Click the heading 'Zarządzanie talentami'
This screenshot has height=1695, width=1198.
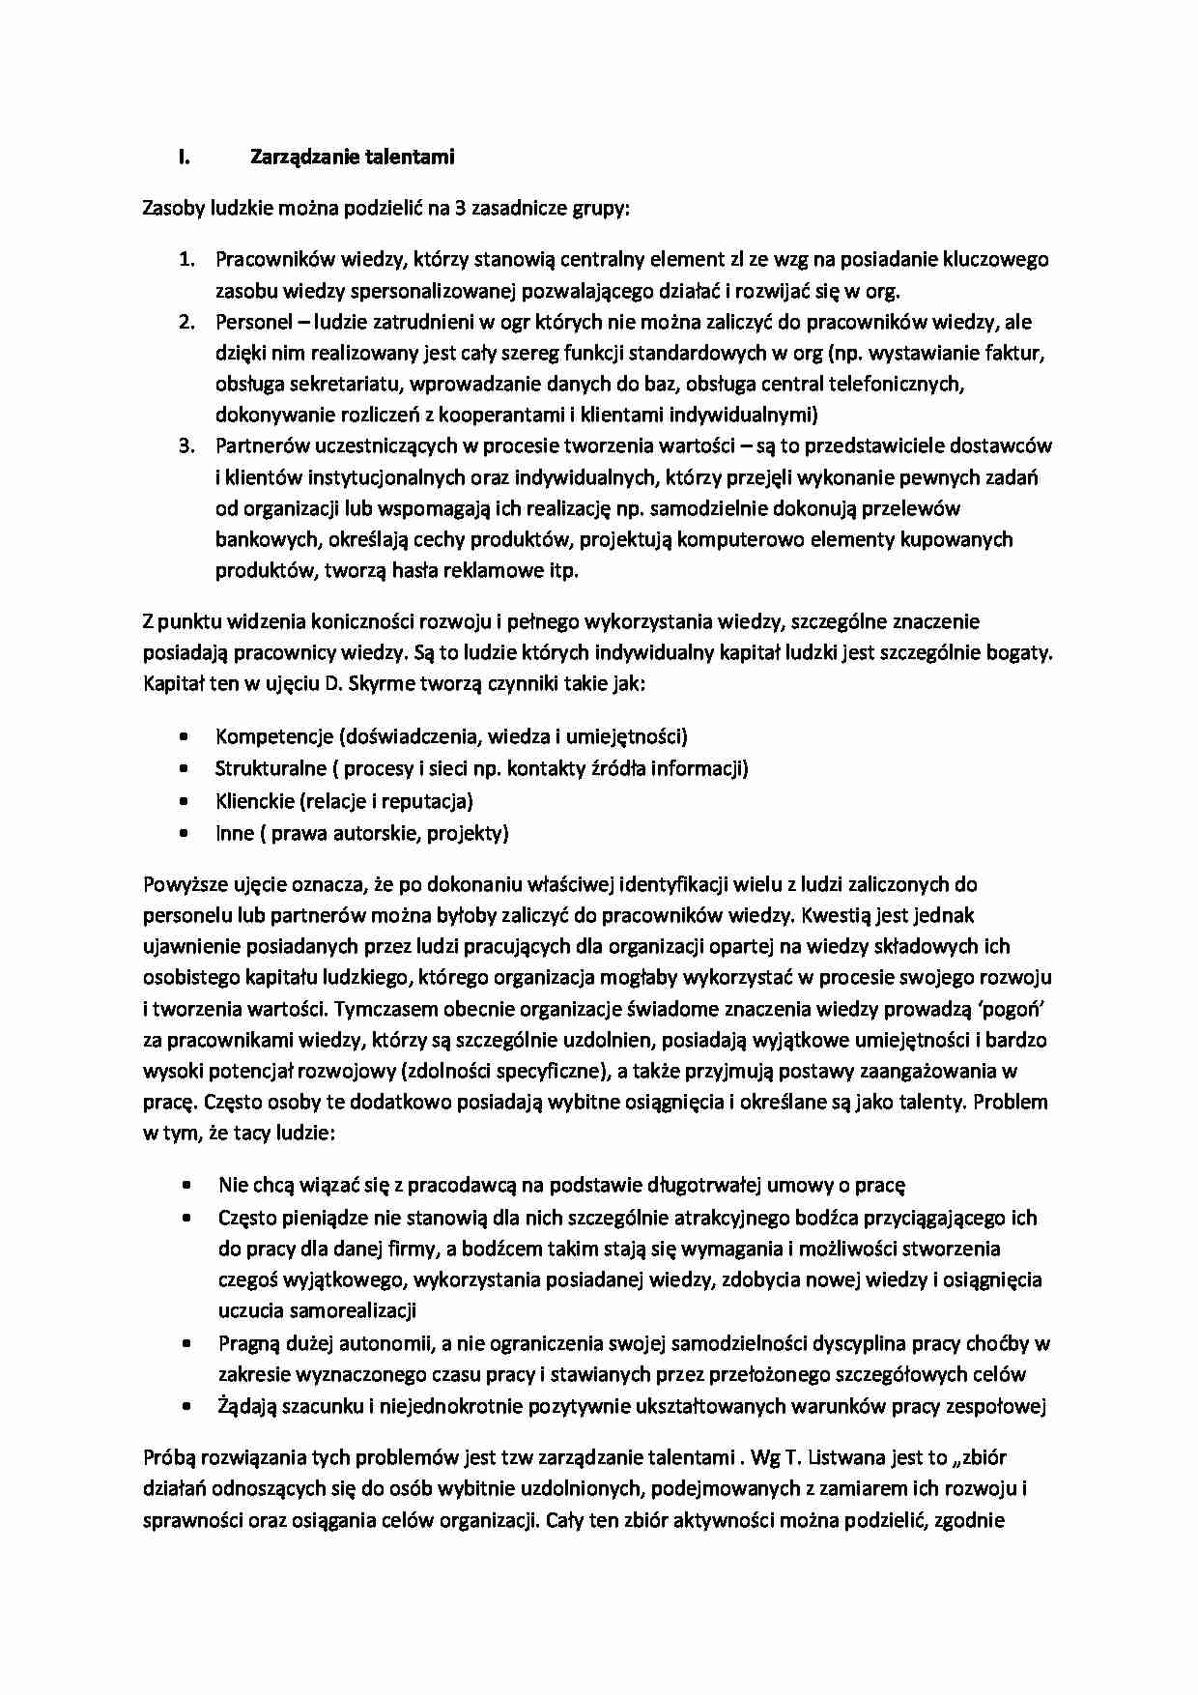[x=352, y=157]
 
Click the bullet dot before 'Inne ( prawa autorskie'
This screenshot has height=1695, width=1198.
[x=184, y=833]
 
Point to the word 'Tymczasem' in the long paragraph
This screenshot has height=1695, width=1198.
[x=380, y=1009]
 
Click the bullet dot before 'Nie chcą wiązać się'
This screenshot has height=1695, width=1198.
[x=185, y=1185]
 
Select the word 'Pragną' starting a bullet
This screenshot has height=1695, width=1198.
[x=248, y=1343]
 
